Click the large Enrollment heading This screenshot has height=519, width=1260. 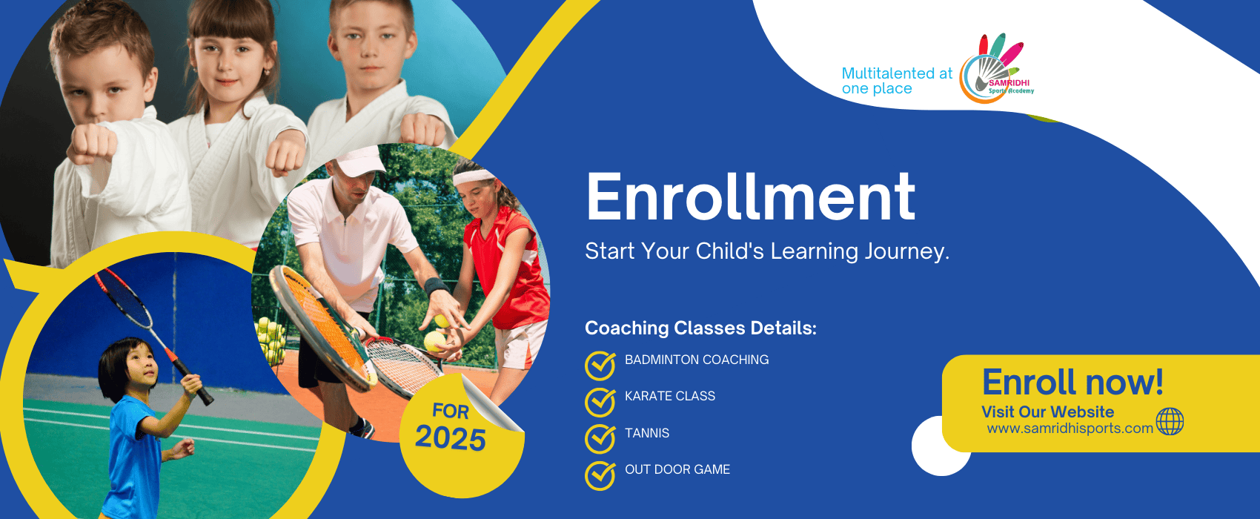(x=750, y=197)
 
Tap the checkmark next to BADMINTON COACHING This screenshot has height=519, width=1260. (x=600, y=366)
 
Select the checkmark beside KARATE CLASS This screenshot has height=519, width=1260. (x=600, y=402)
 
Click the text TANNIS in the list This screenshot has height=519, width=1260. (x=647, y=433)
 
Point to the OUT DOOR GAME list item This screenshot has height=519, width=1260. (x=677, y=469)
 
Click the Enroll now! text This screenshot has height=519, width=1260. (x=1072, y=383)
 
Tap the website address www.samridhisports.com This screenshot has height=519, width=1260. (x=1070, y=429)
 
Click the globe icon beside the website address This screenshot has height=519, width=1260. (x=1170, y=422)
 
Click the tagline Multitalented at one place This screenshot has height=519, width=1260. (x=897, y=81)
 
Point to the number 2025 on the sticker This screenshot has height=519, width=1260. (x=450, y=438)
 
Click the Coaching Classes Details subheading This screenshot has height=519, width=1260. (x=700, y=328)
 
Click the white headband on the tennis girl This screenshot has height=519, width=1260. (x=474, y=176)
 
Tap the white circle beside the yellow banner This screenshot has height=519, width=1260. (x=934, y=448)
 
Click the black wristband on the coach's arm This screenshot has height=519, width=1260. (x=436, y=286)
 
